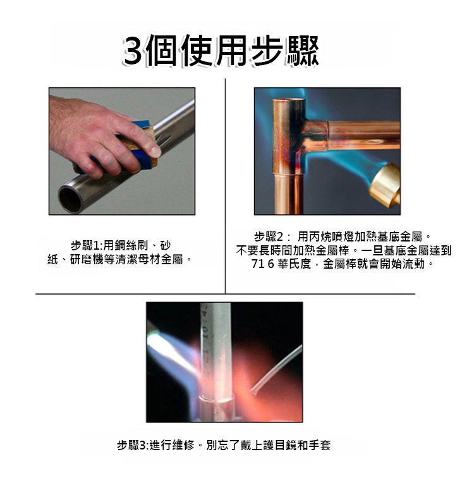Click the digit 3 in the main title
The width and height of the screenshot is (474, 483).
pos(134,51)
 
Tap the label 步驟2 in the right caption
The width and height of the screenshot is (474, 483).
pos(269,236)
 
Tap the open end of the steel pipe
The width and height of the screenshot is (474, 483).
pos(70,199)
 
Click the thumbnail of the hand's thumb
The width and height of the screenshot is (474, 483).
pos(155,151)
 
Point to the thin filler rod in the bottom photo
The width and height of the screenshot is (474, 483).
pos(276,370)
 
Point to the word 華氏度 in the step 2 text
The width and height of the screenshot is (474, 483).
pos(294,264)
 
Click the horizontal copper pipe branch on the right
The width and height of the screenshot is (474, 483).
pos(363,135)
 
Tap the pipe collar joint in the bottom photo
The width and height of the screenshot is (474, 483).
pos(216,404)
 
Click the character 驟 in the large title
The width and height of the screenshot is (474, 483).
pos(302,51)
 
